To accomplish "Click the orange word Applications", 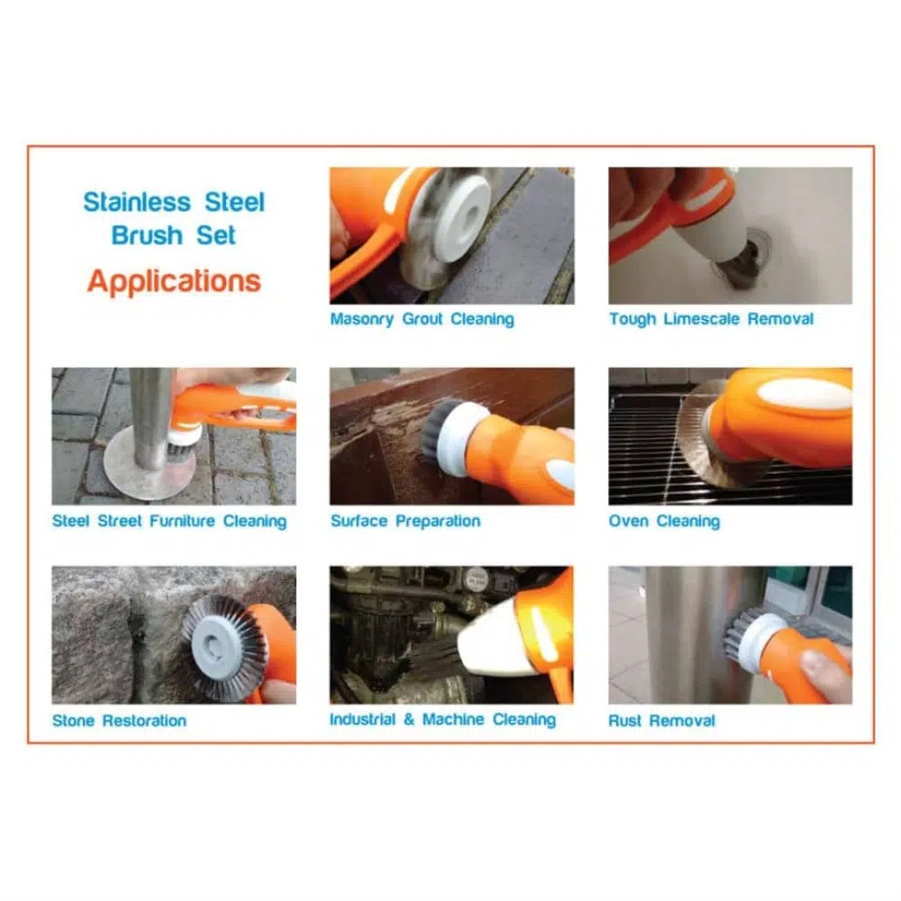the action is coord(174,281).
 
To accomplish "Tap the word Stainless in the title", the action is coord(137,202).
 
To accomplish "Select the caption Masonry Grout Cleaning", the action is coord(422,319).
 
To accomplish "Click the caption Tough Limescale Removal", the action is coord(712,319).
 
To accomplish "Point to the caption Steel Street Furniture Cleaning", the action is coord(169,521).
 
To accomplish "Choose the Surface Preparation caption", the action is coord(405,521).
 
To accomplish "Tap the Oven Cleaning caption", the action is coord(664,521).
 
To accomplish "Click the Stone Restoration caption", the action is coord(120,721).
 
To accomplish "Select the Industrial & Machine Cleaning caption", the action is coord(443,719).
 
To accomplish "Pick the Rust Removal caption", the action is coord(662,721).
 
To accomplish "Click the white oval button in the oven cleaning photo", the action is coord(805,396).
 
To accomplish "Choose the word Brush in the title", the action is coord(147,235).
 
